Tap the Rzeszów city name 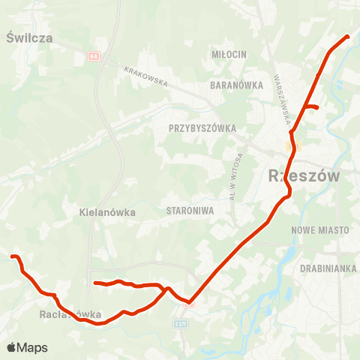pyautogui.click(x=303, y=176)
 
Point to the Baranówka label pyautogui.click(x=237, y=85)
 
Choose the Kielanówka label pyautogui.click(x=107, y=212)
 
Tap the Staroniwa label pyautogui.click(x=190, y=211)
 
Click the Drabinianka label pyautogui.click(x=327, y=268)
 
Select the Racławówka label pyautogui.click(x=70, y=315)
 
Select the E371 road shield pyautogui.click(x=179, y=324)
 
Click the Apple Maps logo pyautogui.click(x=27, y=347)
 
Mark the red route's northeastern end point pyautogui.click(x=348, y=36)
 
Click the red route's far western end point pyautogui.click(x=12, y=257)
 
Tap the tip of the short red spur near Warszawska pyautogui.click(x=318, y=108)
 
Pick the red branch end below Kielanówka pyautogui.click(x=94, y=283)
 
